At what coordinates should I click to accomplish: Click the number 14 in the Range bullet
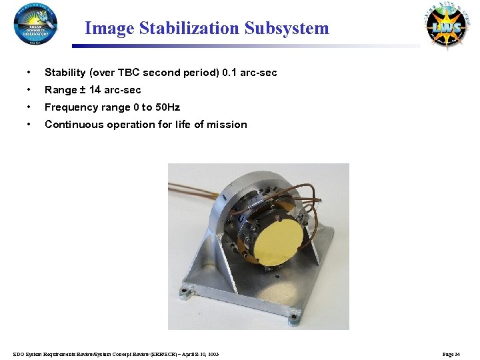click(95, 89)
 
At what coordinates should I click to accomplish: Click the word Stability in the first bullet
click(65, 72)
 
